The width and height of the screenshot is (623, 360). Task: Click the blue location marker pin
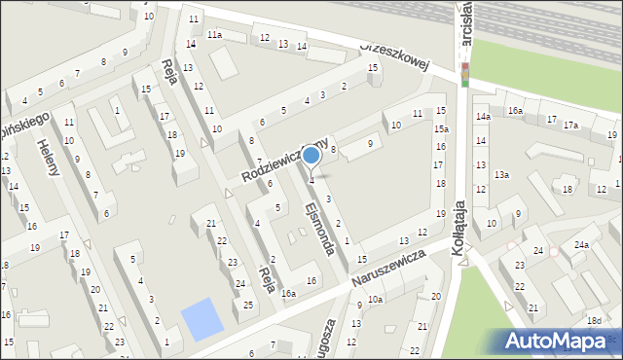(311, 155)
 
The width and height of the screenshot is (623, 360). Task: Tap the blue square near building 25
(202, 319)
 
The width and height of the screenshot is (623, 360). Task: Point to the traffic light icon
(464, 74)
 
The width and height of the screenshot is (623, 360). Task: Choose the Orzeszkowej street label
(394, 55)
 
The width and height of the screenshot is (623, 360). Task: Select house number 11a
(213, 35)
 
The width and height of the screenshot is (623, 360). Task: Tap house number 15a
(441, 128)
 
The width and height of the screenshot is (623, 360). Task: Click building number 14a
(482, 117)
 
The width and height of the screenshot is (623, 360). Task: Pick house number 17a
(570, 125)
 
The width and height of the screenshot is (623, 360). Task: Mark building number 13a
(500, 175)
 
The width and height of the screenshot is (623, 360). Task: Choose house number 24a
(580, 245)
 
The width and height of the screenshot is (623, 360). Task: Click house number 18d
(594, 320)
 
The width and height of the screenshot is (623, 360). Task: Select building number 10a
(375, 300)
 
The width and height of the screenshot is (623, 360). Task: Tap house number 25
(249, 306)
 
